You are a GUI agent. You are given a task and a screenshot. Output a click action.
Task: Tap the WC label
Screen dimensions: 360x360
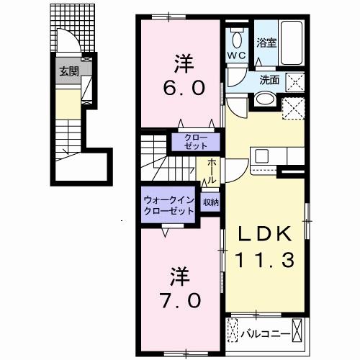(x=238, y=55)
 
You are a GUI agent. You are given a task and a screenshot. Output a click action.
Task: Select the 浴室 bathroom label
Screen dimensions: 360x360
(x=266, y=42)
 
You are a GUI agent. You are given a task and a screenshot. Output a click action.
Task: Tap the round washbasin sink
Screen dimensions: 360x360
(x=265, y=99)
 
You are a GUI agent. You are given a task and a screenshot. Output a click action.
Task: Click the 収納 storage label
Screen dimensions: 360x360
(x=210, y=203)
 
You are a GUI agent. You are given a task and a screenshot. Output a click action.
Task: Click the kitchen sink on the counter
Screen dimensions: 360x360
(x=261, y=155)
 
